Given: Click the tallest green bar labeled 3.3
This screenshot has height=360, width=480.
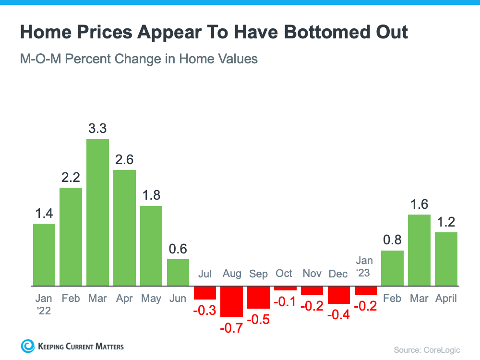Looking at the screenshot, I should point(97,212).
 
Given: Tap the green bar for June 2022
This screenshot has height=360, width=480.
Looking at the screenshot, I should point(178,273).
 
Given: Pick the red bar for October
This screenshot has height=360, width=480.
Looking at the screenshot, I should point(286,288).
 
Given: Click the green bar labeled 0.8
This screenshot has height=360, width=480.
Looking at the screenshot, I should point(393,268).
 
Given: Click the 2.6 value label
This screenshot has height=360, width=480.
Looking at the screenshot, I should point(124,159).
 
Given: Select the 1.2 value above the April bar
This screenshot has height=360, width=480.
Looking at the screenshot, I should point(446,222).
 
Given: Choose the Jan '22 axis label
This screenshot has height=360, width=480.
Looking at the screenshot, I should point(44,304).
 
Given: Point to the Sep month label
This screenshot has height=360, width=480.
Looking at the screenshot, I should point(258,274).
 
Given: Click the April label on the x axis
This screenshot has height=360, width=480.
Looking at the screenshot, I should point(446,298).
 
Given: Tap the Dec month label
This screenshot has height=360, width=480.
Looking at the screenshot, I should point(338,274).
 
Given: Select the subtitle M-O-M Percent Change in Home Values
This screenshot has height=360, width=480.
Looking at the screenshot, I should point(139,59).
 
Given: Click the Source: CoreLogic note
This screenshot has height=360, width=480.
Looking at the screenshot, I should point(427,349).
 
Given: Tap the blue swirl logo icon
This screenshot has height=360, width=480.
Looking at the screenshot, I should point(28,346).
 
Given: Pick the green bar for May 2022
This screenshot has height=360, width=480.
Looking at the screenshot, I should point(151,246).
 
